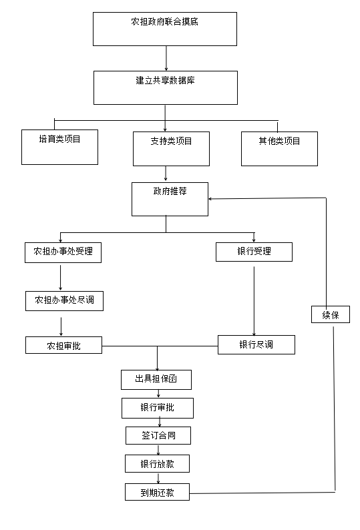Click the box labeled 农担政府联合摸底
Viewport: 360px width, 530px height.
click(x=165, y=29)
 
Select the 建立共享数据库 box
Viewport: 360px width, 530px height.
click(x=166, y=87)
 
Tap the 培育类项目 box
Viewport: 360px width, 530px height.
click(x=59, y=147)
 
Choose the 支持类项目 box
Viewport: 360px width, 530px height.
click(x=171, y=149)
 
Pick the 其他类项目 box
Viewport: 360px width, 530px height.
click(x=279, y=149)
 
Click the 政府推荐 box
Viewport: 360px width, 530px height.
click(x=170, y=199)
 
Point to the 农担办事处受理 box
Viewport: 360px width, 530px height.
click(x=63, y=252)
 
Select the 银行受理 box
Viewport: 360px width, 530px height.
click(x=254, y=252)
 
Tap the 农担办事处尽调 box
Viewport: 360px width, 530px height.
click(x=64, y=301)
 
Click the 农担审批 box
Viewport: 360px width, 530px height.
click(x=63, y=345)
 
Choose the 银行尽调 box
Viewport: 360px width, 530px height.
click(x=256, y=345)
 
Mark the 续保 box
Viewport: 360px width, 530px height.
click(x=330, y=314)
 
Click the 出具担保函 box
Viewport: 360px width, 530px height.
click(x=156, y=380)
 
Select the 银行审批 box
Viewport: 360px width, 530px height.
click(x=158, y=408)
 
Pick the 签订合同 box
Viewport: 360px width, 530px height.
click(x=158, y=435)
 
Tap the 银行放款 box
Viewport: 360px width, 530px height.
click(x=157, y=463)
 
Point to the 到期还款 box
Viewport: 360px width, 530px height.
click(x=157, y=492)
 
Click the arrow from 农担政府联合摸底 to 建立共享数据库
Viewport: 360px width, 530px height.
click(x=166, y=59)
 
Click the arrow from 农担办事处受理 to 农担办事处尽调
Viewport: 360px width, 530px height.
click(x=61, y=278)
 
